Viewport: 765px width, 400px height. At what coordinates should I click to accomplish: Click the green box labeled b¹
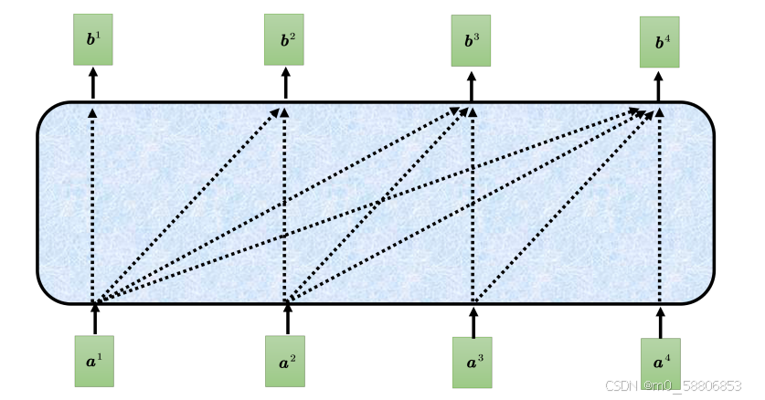click(92, 39)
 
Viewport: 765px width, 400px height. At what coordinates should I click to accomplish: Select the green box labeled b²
click(284, 40)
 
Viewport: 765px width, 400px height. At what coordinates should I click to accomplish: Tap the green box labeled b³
click(471, 40)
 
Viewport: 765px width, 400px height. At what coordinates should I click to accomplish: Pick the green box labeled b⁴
click(660, 42)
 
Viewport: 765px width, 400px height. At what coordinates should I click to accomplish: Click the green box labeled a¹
click(94, 361)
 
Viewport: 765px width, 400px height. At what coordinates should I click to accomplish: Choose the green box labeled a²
click(285, 361)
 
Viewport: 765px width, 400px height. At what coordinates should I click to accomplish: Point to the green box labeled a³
click(473, 362)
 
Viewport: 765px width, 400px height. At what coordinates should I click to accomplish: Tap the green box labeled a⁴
click(661, 363)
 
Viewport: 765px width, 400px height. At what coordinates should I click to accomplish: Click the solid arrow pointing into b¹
click(92, 83)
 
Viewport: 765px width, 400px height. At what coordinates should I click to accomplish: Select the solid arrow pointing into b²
click(284, 83)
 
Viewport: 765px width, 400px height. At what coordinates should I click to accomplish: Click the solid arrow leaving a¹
click(94, 320)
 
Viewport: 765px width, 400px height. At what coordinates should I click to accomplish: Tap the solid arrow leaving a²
click(286, 320)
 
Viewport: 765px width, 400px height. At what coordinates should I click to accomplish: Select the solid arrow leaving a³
click(473, 321)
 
